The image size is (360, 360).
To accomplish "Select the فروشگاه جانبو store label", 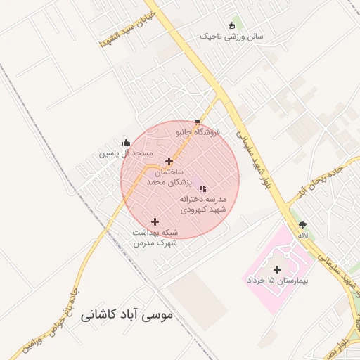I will coord(198,132).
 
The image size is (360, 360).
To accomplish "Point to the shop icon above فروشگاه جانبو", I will coord(197,122).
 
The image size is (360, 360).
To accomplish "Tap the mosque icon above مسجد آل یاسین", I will coord(126,143).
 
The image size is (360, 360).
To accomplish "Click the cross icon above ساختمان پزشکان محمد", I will coord(169,161).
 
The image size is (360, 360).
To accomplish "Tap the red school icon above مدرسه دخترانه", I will coord(202,188).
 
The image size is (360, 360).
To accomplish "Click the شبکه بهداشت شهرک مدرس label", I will coord(155,237).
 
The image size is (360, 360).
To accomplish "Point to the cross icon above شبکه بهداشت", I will coord(155,222).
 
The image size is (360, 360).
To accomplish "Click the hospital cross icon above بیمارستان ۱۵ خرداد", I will coord(277,269).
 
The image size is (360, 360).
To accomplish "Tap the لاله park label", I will coord(303,235).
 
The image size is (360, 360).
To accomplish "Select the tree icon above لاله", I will coord(303,225).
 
